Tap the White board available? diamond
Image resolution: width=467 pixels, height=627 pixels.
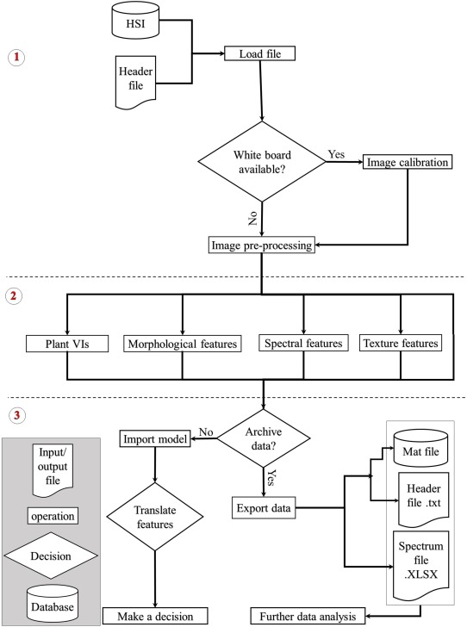262,161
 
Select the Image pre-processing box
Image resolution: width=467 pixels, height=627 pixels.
262,245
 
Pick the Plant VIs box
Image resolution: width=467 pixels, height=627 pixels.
65,345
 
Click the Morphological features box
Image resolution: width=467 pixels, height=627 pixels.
181,345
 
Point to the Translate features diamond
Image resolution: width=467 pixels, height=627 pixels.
155,515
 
